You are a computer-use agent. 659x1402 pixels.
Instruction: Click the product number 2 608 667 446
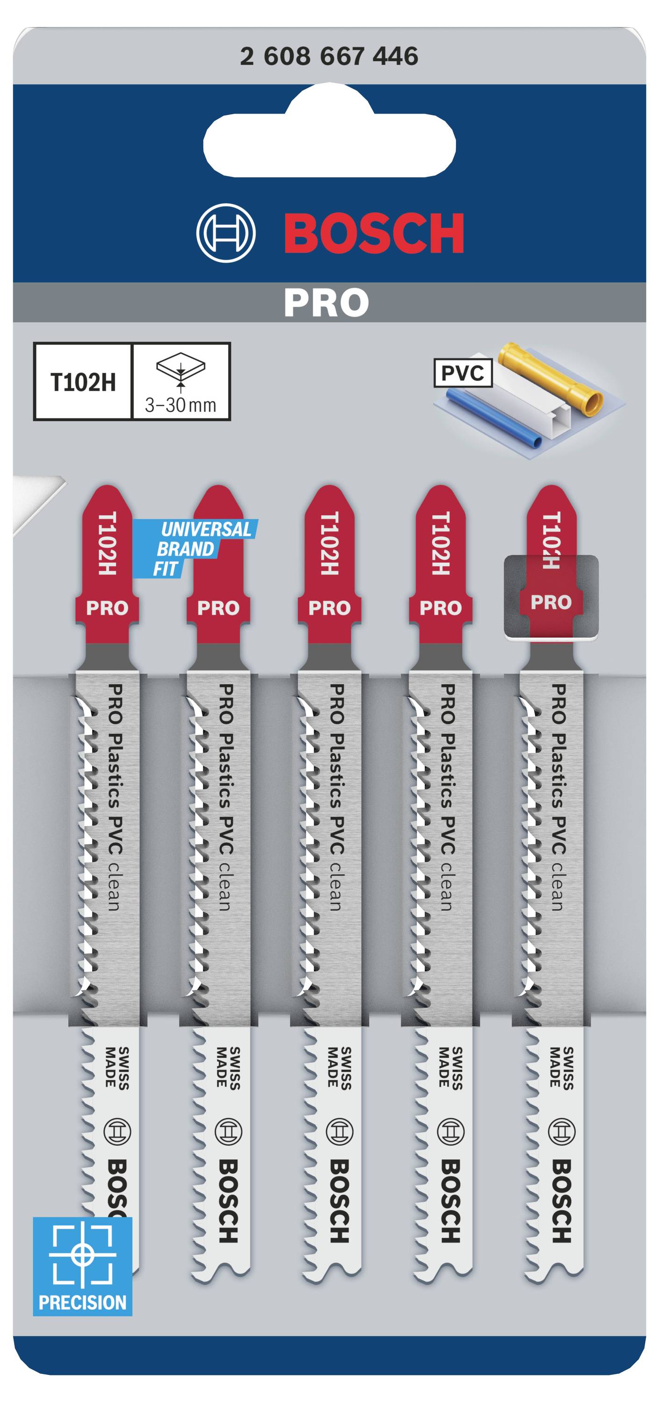click(329, 56)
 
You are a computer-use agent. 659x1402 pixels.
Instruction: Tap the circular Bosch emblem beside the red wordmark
click(226, 233)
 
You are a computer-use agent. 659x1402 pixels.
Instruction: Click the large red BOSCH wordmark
click(374, 233)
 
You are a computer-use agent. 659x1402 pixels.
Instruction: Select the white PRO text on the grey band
click(327, 303)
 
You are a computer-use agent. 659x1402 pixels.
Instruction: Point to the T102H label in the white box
click(83, 382)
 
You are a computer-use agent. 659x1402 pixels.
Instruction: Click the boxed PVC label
click(463, 373)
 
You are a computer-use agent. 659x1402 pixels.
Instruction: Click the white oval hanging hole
click(329, 138)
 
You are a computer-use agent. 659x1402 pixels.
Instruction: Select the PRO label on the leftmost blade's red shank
click(107, 608)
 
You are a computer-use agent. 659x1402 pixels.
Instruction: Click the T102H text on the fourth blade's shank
click(440, 543)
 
